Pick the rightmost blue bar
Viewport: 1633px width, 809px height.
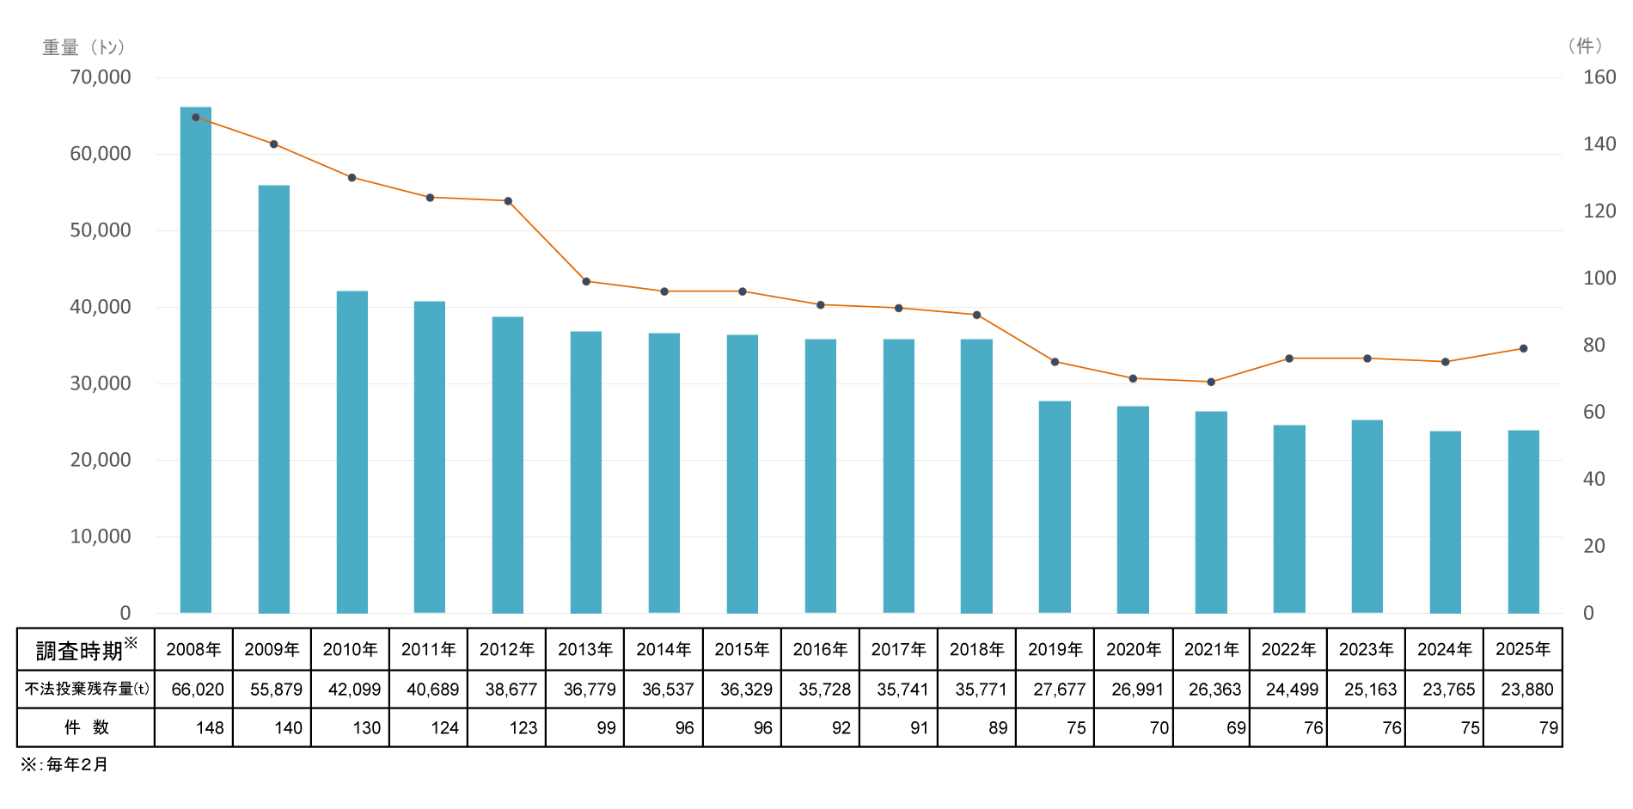pyautogui.click(x=1523, y=521)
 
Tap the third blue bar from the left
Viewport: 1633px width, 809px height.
pyautogui.click(x=352, y=451)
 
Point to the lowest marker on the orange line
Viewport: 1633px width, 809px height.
pyautogui.click(x=1211, y=382)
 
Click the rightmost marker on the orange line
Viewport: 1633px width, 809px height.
pyautogui.click(x=1523, y=348)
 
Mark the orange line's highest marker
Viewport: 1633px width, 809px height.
pyautogui.click(x=196, y=117)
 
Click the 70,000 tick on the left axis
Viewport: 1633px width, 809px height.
pyautogui.click(x=101, y=77)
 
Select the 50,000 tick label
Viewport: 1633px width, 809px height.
pyautogui.click(x=101, y=230)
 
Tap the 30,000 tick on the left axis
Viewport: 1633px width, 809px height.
pyautogui.click(x=101, y=383)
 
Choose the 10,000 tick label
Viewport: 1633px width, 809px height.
pyautogui.click(x=101, y=536)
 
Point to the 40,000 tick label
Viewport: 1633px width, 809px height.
pyautogui.click(x=101, y=307)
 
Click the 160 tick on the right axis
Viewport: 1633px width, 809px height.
pyautogui.click(x=1599, y=77)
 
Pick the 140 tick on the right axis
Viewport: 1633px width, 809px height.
pyautogui.click(x=1599, y=144)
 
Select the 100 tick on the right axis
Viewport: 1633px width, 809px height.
pyautogui.click(x=1599, y=279)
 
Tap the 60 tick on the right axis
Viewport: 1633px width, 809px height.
pyautogui.click(x=1594, y=413)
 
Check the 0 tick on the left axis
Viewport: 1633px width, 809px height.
pyautogui.click(x=125, y=613)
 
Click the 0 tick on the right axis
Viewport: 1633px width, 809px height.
pyautogui.click(x=1588, y=613)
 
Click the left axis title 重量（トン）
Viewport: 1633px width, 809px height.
pyautogui.click(x=84, y=47)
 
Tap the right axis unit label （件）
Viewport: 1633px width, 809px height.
pyautogui.click(x=1584, y=46)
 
